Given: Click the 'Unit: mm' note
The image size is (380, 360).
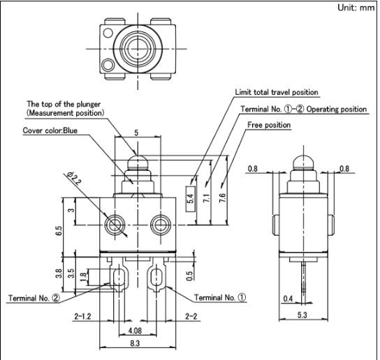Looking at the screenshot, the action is pos(356,8).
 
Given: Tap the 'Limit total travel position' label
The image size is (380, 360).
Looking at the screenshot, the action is pos(277,92).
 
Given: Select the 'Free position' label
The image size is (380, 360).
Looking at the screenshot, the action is pos(269,125).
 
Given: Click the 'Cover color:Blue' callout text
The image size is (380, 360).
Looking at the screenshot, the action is pos(50,130).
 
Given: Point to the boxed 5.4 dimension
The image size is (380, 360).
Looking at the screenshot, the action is pos(191,199).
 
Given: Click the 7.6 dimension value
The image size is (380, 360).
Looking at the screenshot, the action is pos(222,198).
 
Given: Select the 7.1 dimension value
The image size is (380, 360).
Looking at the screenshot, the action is pos(207,198).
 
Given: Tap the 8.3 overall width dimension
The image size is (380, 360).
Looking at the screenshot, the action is pos(135,343).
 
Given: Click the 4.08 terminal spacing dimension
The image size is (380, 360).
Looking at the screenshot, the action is pos(136,331).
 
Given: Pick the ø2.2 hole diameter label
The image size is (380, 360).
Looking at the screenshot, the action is pos(74,179).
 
